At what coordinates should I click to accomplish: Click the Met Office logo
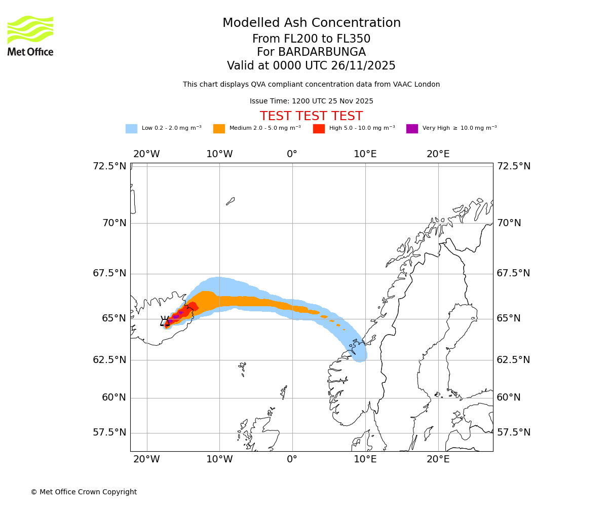(30, 35)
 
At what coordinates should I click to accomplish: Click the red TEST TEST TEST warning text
(311, 116)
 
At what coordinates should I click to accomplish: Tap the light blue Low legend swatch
(131, 128)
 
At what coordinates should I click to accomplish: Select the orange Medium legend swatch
(219, 128)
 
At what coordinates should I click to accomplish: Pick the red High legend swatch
(319, 128)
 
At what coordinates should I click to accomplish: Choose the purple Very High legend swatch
(412, 128)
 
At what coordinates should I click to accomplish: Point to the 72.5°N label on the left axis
(109, 166)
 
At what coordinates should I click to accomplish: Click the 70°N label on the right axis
(509, 223)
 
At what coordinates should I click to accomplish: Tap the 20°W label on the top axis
(146, 154)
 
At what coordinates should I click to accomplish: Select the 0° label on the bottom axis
(292, 459)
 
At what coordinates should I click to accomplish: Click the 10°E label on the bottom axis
(365, 459)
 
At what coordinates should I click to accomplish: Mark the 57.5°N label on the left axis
(109, 432)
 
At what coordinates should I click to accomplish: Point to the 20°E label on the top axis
(438, 154)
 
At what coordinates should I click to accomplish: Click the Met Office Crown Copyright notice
(84, 492)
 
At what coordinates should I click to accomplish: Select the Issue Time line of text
(311, 101)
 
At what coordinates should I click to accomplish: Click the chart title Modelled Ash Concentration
(311, 23)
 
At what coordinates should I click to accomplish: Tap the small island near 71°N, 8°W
(230, 201)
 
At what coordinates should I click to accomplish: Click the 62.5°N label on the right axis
(513, 360)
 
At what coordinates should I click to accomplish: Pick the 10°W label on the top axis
(219, 154)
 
